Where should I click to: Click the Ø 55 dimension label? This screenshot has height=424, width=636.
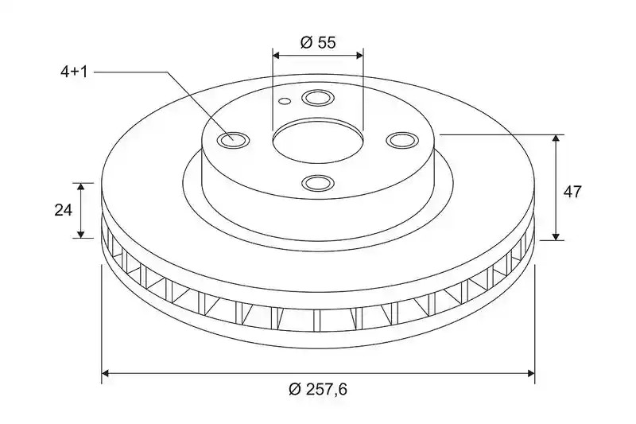pyautogui.click(x=318, y=42)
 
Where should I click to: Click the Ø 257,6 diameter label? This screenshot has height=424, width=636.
pyautogui.click(x=318, y=390)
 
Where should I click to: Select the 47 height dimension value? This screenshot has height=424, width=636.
pyautogui.click(x=572, y=192)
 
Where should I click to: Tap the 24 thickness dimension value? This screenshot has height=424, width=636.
pyautogui.click(x=64, y=210)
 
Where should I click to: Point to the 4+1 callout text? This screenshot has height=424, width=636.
pyautogui.click(x=74, y=72)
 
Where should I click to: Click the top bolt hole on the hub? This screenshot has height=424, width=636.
pyautogui.click(x=317, y=98)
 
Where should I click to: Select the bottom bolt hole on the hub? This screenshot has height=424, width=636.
pyautogui.click(x=317, y=183)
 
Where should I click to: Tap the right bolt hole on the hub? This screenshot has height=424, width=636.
pyautogui.click(x=401, y=140)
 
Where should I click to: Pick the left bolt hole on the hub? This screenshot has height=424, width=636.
pyautogui.click(x=234, y=140)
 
